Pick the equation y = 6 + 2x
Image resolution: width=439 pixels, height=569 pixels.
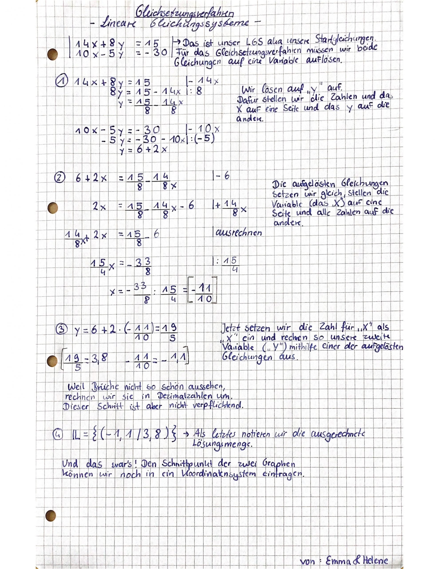coord(144,149)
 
